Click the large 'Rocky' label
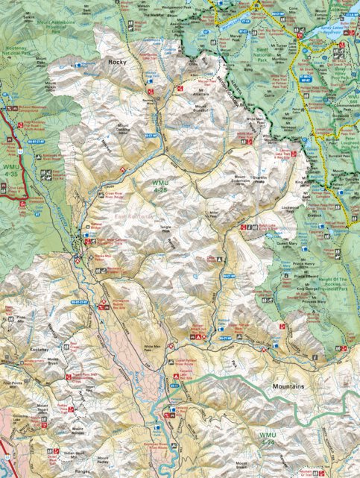(117, 62)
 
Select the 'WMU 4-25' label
(161, 186)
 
